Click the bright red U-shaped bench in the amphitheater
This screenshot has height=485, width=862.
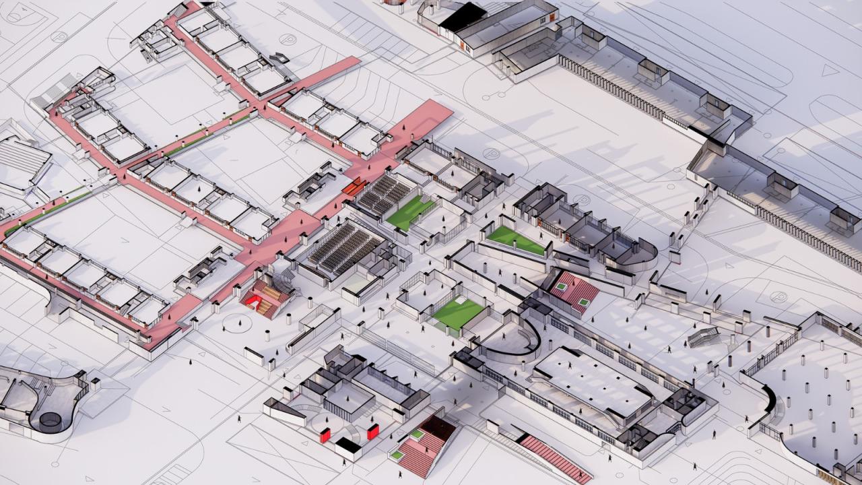pos(255,300)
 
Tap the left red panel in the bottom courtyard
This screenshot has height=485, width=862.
pos(325,435)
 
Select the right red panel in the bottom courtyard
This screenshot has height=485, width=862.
pos(372,431)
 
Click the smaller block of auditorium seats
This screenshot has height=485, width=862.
pos(384,194)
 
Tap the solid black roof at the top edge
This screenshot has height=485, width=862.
pos(463,17)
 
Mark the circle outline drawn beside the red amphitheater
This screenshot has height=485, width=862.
pos(236,324)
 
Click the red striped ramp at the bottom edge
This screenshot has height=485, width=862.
pos(554,458)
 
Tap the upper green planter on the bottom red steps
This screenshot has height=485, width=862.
pos(418,435)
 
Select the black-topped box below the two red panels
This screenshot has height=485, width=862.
pos(349,445)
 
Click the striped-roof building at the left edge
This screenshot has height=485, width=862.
pos(24,162)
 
